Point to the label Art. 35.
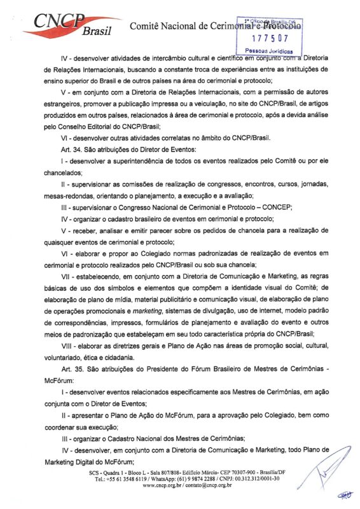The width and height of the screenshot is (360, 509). [x=55, y=370]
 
